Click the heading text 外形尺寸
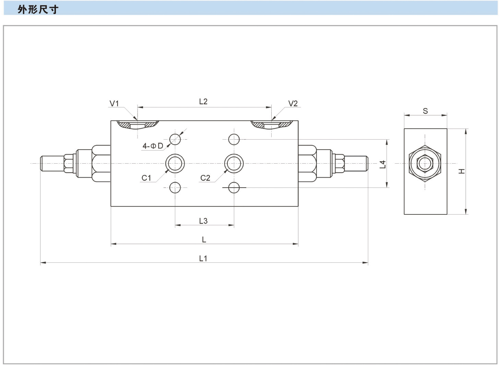tap(38, 9)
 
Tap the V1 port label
tap(114, 103)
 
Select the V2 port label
tap(293, 103)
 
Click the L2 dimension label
tap(203, 102)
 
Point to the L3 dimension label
tap(203, 221)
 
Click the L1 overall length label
tap(203, 258)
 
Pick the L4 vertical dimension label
tap(383, 165)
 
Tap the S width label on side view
tap(425, 111)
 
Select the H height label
tap(462, 171)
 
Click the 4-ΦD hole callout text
tap(153, 146)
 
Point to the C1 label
tap(146, 178)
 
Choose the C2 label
tap(205, 178)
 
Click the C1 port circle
tap(175, 163)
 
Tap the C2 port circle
tap(234, 163)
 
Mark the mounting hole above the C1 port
tap(175, 139)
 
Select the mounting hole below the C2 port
tap(234, 188)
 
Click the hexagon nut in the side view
tap(425, 163)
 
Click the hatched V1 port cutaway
tap(137, 125)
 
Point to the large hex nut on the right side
tap(307, 163)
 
